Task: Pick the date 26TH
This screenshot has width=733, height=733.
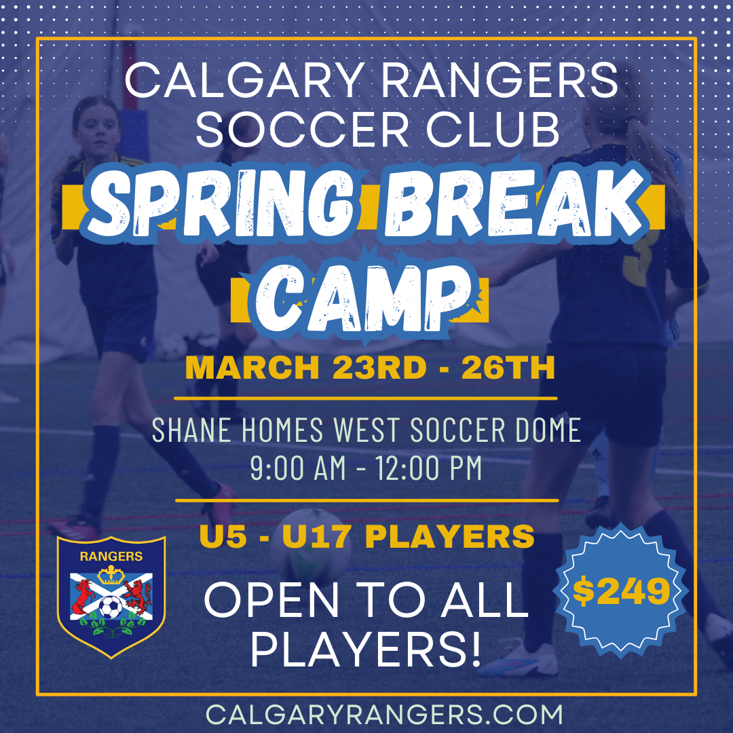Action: point(508,368)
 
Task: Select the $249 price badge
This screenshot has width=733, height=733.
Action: point(621,592)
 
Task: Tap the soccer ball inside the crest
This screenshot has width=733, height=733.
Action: point(111,606)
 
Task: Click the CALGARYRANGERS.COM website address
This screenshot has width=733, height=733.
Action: point(384,714)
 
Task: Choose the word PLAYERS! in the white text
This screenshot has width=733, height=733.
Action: point(366,648)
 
